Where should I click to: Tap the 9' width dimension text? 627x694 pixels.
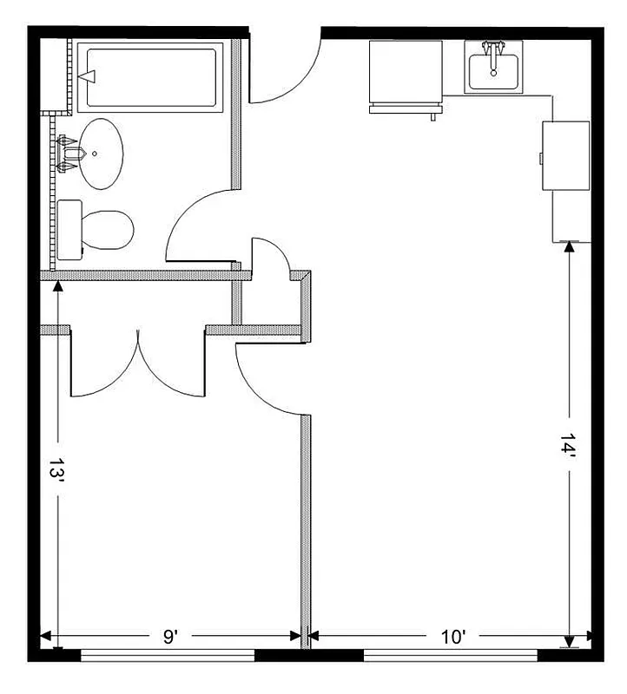point(171,637)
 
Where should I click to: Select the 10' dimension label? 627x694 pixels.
point(453,637)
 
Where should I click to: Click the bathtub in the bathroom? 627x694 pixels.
point(149,77)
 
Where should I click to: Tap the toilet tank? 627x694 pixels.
point(69,229)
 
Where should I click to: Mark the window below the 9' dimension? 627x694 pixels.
point(168,656)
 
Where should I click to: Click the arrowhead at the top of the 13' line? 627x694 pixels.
point(57,285)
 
